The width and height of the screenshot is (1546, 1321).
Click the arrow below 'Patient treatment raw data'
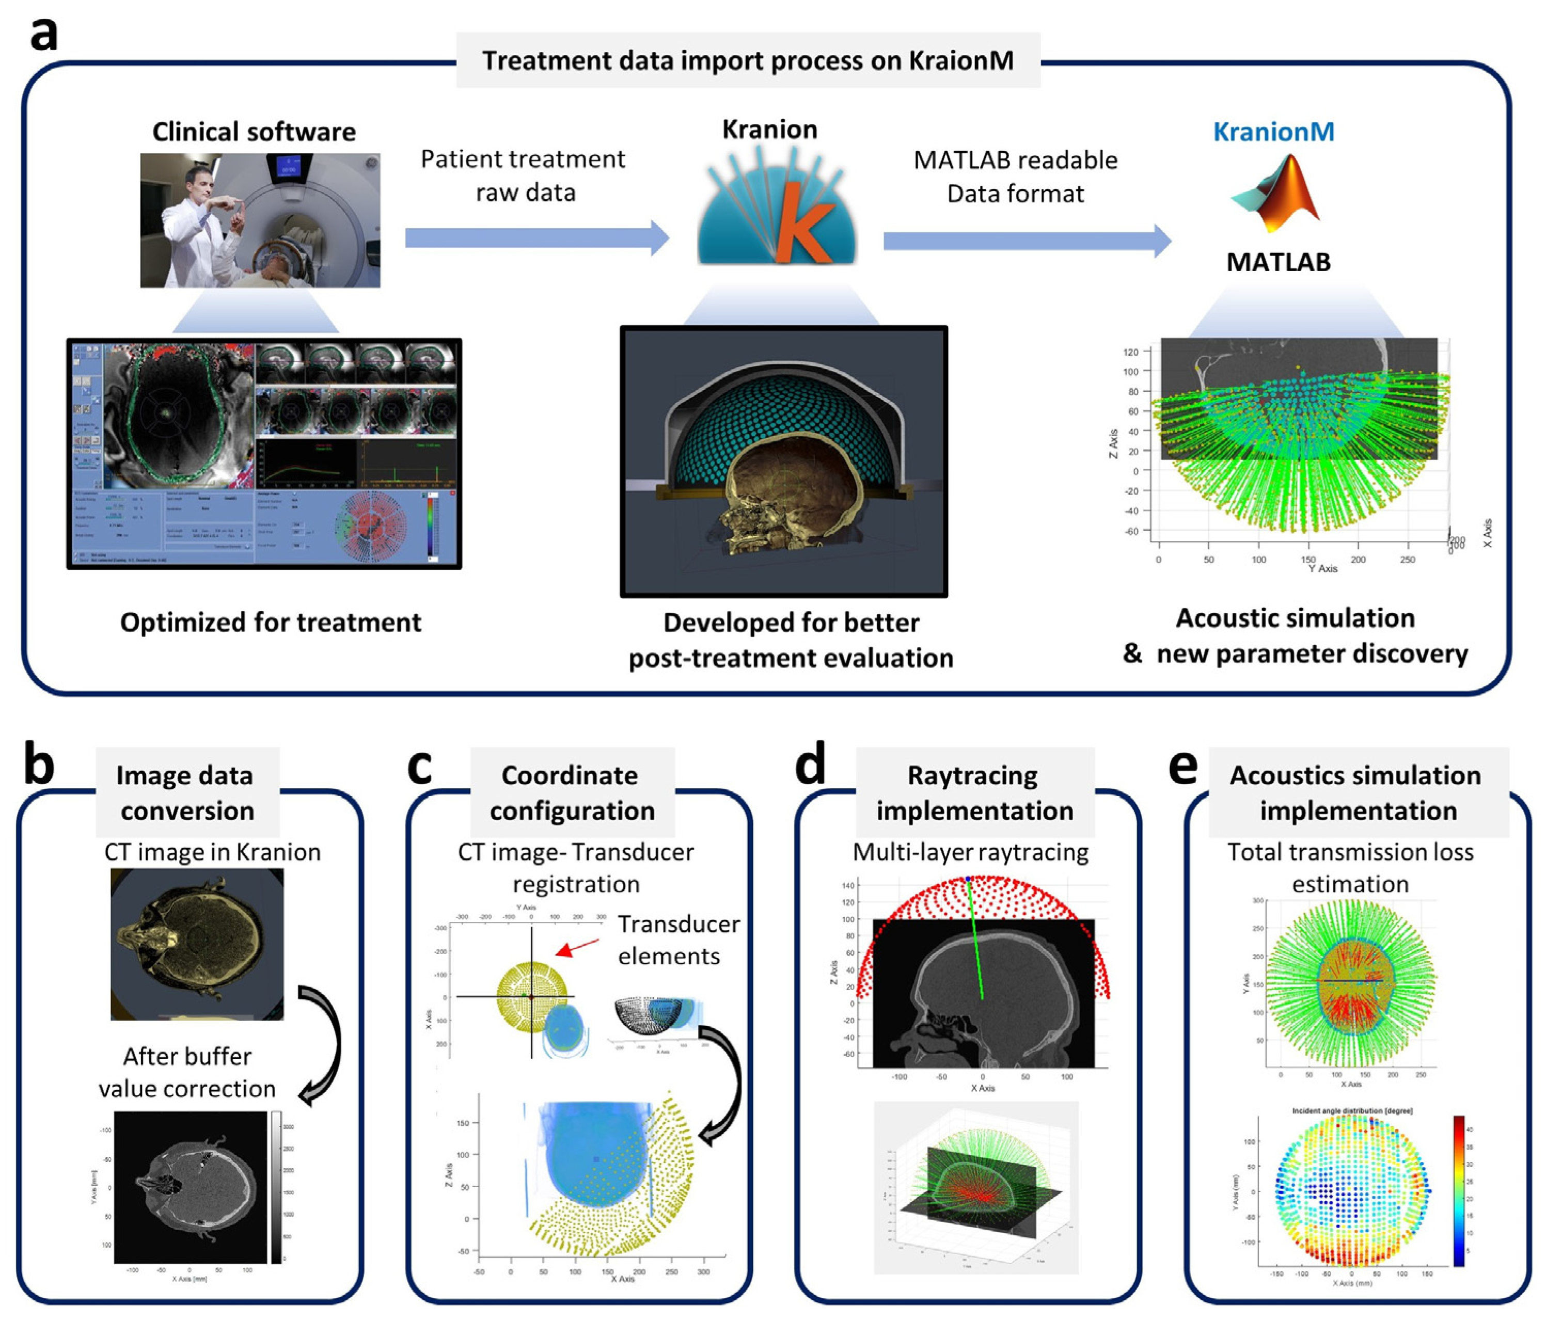[x=537, y=238]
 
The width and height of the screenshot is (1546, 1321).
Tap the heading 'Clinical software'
[x=254, y=132]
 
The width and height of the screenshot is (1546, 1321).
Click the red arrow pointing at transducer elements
[x=577, y=947]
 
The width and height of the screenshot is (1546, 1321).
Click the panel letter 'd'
[x=810, y=765]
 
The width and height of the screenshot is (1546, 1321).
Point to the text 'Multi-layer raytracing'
[x=970, y=852]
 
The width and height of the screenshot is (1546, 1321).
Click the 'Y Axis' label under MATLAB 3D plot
[x=1322, y=568]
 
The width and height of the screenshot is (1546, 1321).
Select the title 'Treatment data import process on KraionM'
[x=748, y=60]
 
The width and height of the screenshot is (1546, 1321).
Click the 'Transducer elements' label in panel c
[x=677, y=940]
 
